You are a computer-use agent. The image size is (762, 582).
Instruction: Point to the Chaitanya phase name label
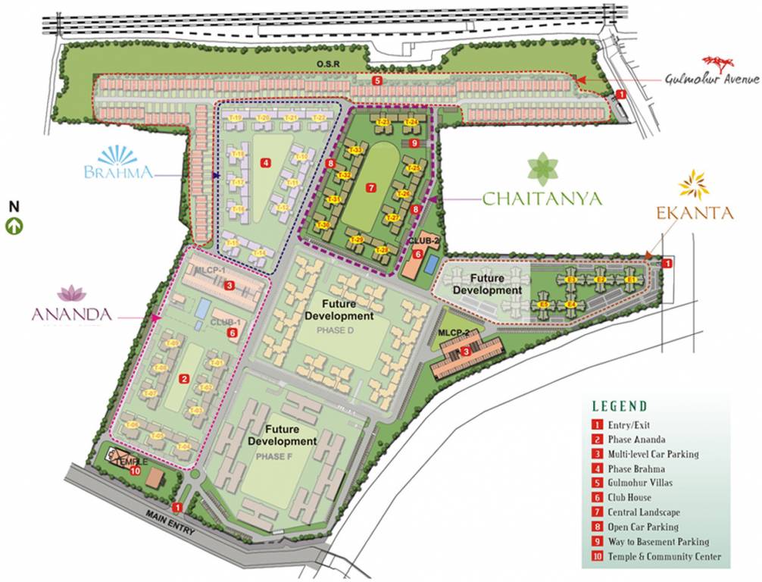[542, 199]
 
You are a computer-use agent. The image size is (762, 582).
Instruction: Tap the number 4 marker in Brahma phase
[264, 162]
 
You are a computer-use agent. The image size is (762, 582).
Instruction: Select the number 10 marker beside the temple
[135, 471]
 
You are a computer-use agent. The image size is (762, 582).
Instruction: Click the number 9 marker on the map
[414, 142]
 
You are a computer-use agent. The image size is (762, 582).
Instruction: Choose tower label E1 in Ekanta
[630, 280]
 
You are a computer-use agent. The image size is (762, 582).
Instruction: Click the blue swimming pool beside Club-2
[431, 264]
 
